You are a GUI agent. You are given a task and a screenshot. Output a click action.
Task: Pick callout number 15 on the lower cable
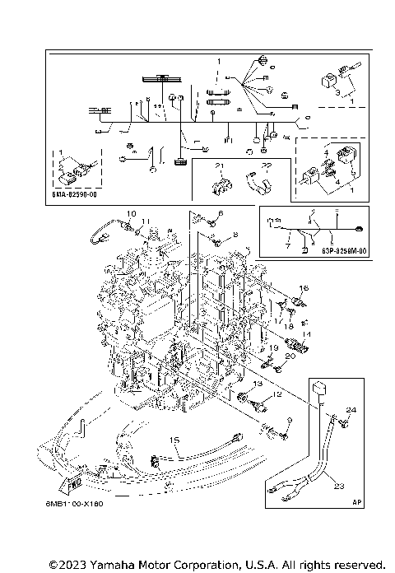tap(174, 441)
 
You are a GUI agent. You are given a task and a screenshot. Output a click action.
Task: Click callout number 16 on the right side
tap(304, 287)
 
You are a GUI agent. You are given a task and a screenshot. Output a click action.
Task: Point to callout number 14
tap(306, 335)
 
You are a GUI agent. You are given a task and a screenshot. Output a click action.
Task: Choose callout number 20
tap(289, 357)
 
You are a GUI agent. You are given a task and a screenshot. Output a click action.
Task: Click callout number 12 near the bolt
tap(276, 395)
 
